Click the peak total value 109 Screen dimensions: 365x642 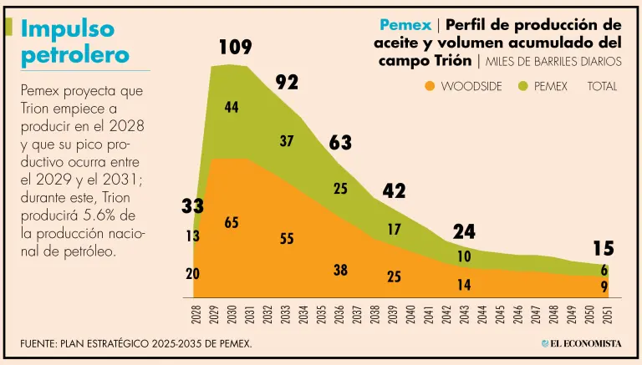235,48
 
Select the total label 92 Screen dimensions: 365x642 287,82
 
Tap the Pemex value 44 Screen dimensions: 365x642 232,107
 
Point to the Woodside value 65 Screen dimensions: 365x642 232,222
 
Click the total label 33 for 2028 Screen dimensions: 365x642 192,205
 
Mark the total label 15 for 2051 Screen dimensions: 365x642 604,248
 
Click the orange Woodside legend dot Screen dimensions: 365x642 430,86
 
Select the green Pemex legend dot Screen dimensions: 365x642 524,86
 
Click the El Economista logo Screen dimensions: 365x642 580,343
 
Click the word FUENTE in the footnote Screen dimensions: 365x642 42,343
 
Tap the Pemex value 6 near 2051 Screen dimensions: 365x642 604,270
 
